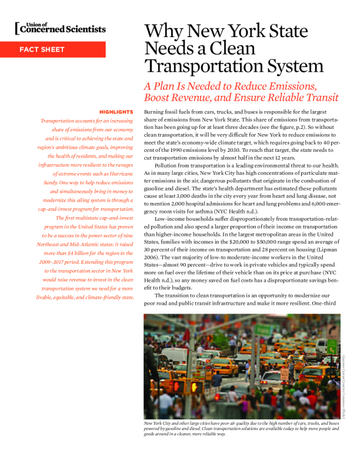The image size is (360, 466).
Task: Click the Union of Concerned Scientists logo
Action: pos(61,28)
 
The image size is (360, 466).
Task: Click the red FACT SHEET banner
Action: pos(53,49)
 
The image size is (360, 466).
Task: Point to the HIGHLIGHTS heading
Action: pos(116,112)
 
